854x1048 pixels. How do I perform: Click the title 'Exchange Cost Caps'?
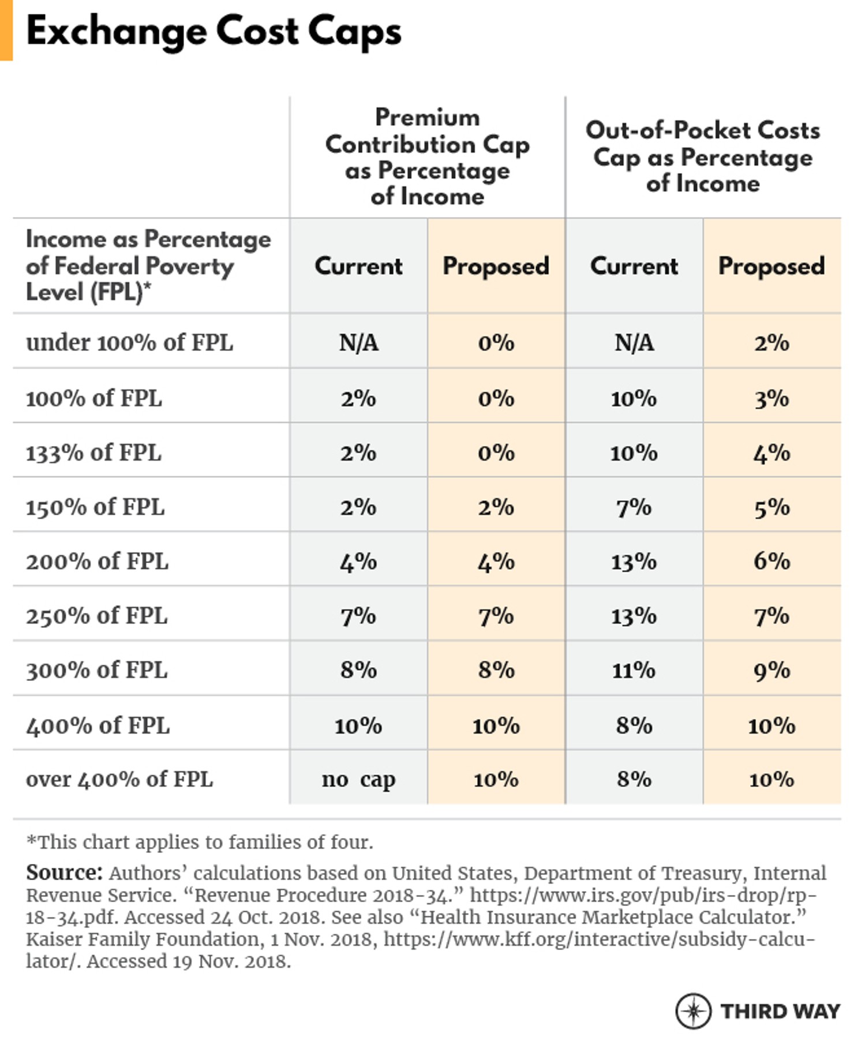(x=213, y=31)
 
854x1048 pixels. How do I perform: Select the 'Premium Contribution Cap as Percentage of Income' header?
(x=427, y=157)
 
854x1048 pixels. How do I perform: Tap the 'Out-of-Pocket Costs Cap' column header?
(x=702, y=157)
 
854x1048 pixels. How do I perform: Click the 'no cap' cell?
(x=358, y=780)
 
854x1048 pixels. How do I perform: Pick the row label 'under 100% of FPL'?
(x=130, y=343)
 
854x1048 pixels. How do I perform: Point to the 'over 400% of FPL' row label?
(x=119, y=780)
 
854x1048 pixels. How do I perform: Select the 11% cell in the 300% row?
(x=634, y=671)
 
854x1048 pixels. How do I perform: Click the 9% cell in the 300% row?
(x=771, y=671)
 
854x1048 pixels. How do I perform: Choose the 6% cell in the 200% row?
(x=771, y=561)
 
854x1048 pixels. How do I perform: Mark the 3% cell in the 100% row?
(x=771, y=399)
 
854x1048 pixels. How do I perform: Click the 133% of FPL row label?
(x=93, y=453)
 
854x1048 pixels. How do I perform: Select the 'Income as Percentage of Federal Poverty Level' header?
(x=148, y=265)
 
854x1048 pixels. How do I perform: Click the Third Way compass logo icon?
(x=693, y=1011)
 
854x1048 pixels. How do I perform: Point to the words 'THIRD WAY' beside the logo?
(x=780, y=1012)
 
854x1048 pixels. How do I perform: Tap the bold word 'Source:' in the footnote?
(x=64, y=873)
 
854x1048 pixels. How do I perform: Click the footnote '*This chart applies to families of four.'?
(x=200, y=842)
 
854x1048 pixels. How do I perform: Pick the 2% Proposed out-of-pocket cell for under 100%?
(x=771, y=343)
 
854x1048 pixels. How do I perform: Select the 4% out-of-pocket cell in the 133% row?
(x=771, y=453)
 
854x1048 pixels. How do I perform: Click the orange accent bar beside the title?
(x=6, y=30)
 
